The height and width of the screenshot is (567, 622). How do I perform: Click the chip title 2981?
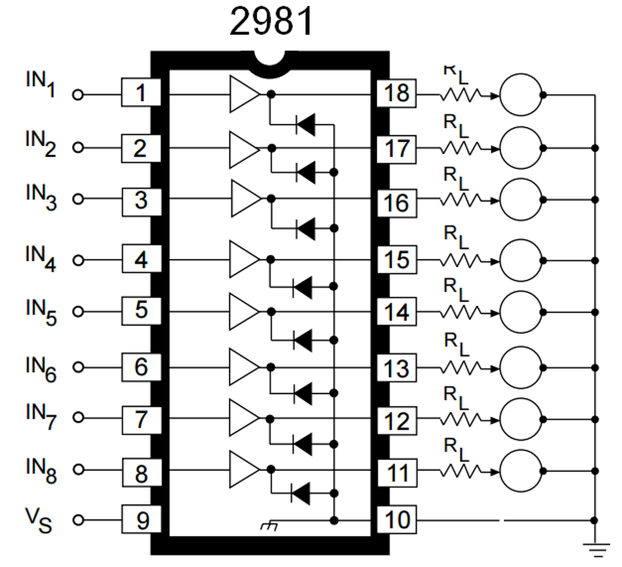[271, 21]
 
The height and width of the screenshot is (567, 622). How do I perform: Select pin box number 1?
[141, 92]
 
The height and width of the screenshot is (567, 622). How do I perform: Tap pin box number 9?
[142, 519]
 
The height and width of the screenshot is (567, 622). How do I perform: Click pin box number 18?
[396, 94]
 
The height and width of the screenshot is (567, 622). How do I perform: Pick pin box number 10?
[397, 519]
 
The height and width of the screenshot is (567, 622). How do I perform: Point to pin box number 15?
[397, 260]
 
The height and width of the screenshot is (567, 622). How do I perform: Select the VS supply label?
[39, 520]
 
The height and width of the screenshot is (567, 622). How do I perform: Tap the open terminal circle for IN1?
[78, 95]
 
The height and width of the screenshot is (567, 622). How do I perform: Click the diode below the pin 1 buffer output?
[306, 124]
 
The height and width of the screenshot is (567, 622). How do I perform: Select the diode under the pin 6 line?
[303, 394]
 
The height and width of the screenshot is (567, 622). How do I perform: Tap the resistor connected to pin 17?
[460, 148]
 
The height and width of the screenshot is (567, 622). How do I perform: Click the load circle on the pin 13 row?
[521, 368]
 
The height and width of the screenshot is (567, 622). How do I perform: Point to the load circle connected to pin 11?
[521, 471]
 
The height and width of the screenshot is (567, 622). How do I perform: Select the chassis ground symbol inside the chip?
[269, 525]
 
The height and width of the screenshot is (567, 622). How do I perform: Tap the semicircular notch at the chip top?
[269, 64]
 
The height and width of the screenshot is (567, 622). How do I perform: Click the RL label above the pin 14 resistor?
[456, 290]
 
